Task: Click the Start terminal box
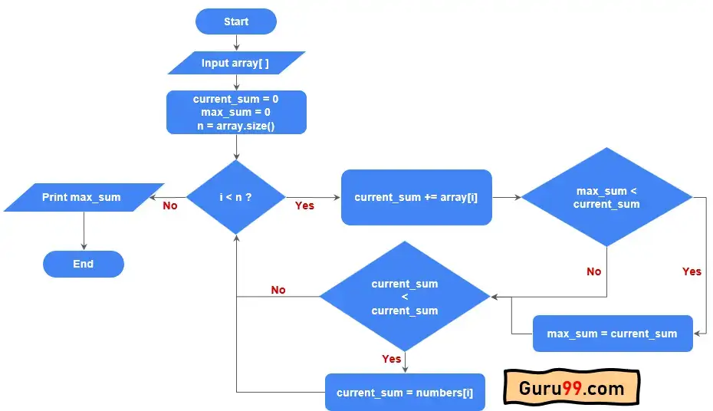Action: [236, 21]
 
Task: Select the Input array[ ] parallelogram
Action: [235, 63]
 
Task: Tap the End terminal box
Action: [84, 264]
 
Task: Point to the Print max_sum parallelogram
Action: [82, 197]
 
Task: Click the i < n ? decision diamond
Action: [236, 197]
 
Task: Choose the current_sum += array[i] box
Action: [416, 197]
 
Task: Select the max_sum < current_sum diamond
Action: [606, 197]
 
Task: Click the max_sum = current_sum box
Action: [612, 334]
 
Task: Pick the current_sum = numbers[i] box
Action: [405, 393]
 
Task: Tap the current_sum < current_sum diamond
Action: [404, 296]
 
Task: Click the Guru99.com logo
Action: [571, 389]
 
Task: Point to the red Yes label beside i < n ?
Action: [304, 205]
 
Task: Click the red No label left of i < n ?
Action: [169, 205]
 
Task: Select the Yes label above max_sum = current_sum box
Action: [692, 271]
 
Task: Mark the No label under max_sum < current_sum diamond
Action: [593, 271]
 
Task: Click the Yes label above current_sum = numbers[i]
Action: [391, 359]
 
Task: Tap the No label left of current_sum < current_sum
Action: [278, 290]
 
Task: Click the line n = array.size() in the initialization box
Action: [236, 126]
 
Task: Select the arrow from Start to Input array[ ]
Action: [236, 42]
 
